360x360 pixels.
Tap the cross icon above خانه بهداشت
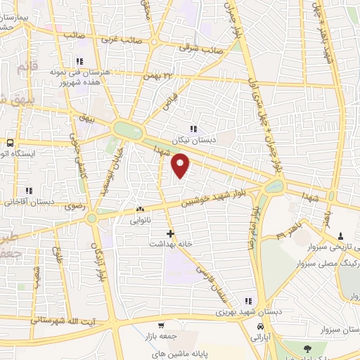click(170, 233)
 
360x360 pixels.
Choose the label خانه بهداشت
click(170, 243)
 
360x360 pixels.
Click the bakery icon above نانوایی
click(139, 209)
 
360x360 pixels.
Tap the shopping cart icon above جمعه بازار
click(161, 326)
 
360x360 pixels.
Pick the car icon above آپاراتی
click(261, 328)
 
